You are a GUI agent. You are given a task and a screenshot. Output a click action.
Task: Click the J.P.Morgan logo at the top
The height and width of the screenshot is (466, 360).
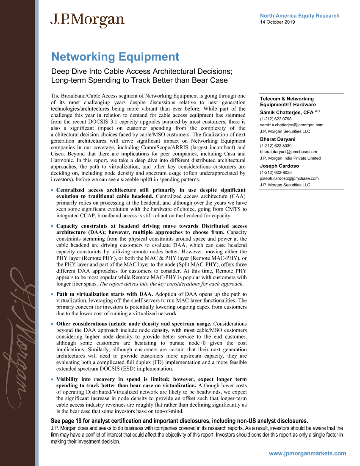click(87, 20)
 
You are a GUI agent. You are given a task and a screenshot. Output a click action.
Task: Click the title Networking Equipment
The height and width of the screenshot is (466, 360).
click(115, 57)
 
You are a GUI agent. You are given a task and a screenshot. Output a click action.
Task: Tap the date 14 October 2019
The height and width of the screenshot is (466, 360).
click(277, 22)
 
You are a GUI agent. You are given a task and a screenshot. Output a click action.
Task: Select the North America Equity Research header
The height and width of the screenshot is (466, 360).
click(299, 16)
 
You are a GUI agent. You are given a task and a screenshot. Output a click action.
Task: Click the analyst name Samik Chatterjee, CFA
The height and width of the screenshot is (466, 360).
click(286, 112)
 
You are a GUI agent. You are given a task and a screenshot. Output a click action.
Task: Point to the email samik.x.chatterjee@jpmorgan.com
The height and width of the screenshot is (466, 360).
click(291, 125)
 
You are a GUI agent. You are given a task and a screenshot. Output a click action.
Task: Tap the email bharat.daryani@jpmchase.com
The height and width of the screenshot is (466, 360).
click(288, 152)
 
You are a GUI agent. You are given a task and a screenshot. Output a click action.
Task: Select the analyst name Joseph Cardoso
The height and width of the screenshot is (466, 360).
click(279, 166)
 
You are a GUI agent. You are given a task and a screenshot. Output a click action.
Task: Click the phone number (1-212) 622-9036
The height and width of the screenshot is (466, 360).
click(275, 172)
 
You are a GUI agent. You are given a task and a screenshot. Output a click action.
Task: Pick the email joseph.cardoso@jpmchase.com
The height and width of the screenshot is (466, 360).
click(289, 178)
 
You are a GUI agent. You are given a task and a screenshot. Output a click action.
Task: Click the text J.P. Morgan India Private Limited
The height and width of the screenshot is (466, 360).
click(290, 158)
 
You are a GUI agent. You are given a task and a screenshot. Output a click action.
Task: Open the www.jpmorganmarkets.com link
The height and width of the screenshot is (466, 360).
click(307, 453)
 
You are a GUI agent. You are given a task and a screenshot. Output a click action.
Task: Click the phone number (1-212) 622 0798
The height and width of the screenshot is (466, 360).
click(275, 119)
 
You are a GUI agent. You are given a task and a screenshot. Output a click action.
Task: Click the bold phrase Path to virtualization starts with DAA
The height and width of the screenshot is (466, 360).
click(105, 294)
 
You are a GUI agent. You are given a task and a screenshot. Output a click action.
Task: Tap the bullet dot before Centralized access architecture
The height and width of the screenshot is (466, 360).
click(52, 190)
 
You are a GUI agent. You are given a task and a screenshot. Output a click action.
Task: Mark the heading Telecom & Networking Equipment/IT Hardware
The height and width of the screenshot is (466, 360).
click(288, 102)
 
